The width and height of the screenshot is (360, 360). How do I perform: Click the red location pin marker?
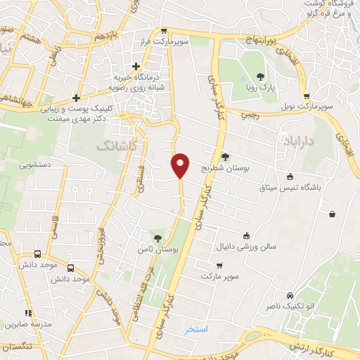click(181, 165)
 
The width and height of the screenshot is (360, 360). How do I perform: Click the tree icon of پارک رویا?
click(261, 77)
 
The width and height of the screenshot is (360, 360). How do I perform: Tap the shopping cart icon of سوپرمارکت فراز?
click(163, 30)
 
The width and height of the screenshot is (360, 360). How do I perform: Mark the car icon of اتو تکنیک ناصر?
click(290, 296)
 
